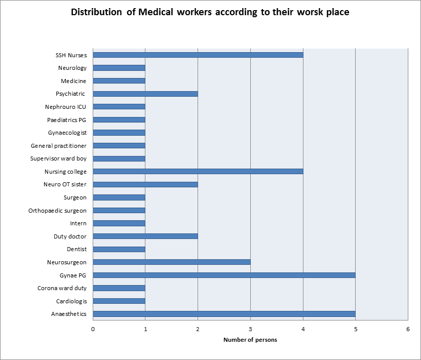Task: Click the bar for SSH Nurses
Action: (198, 55)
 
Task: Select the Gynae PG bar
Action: (224, 275)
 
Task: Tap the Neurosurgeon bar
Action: (172, 262)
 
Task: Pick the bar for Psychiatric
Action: (145, 94)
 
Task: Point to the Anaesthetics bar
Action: (224, 314)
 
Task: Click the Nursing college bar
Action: (198, 171)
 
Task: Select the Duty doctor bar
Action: (145, 236)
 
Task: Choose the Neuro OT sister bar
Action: (145, 184)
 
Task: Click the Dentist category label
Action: (76, 249)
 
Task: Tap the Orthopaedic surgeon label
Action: (57, 210)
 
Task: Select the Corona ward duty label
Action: (62, 288)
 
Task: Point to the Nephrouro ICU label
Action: (65, 107)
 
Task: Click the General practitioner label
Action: (59, 145)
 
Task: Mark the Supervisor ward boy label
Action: (59, 158)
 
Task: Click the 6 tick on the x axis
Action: (408, 329)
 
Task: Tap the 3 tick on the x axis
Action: (250, 329)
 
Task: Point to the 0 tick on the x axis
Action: (93, 329)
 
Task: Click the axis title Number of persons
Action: (250, 340)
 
